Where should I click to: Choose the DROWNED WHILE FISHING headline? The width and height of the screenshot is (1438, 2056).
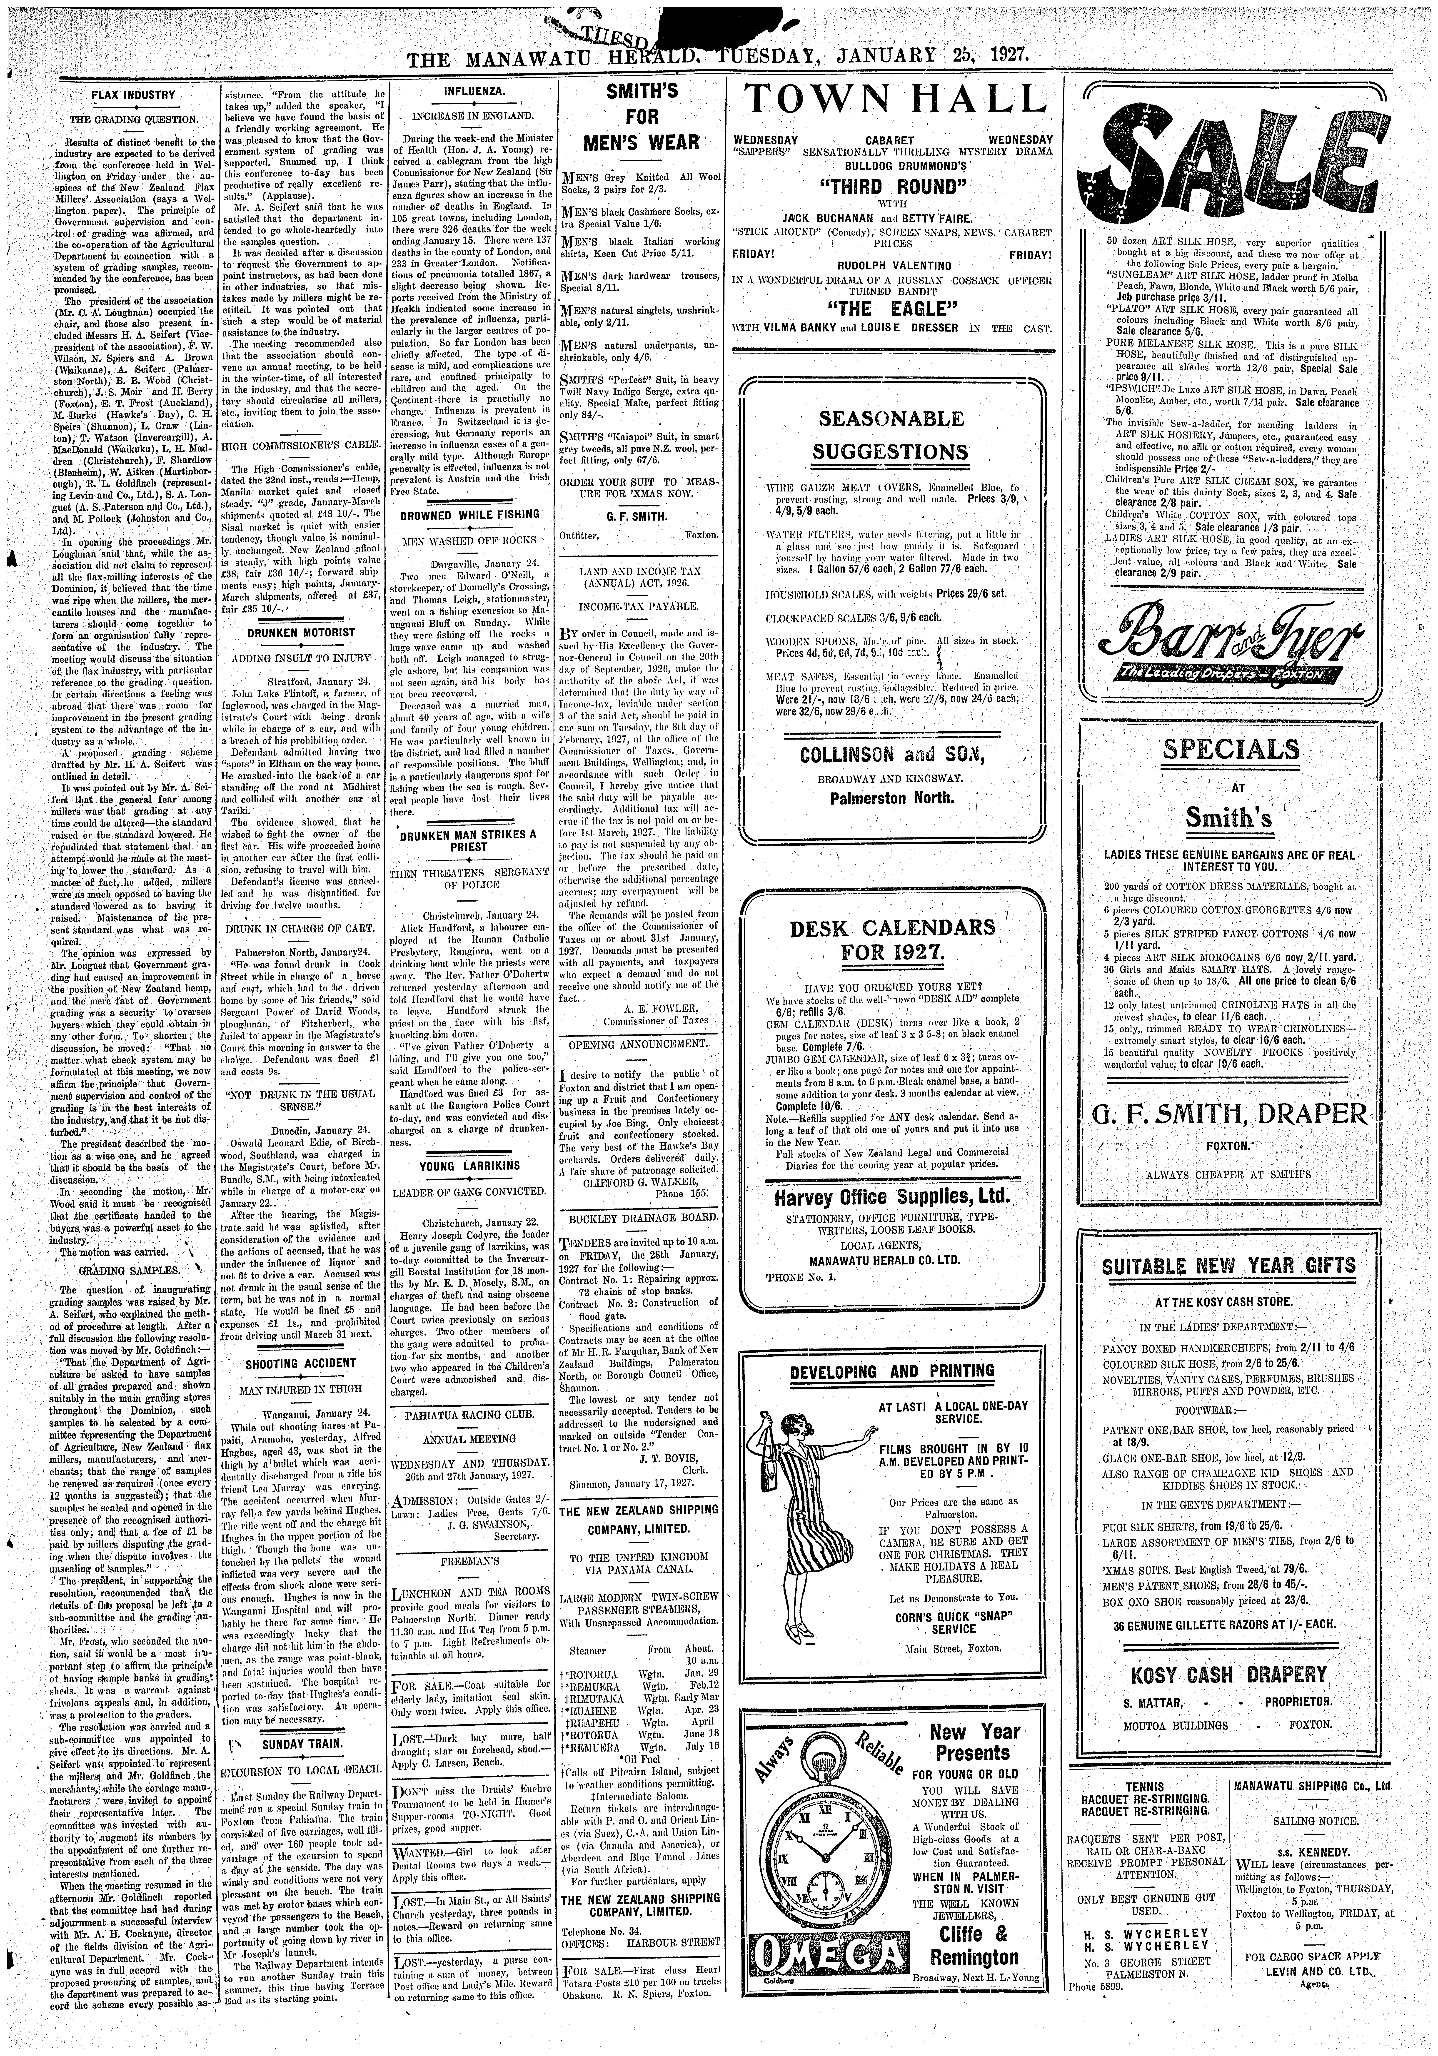[x=469, y=515]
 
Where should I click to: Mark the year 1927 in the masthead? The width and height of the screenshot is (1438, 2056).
[x=1007, y=59]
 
